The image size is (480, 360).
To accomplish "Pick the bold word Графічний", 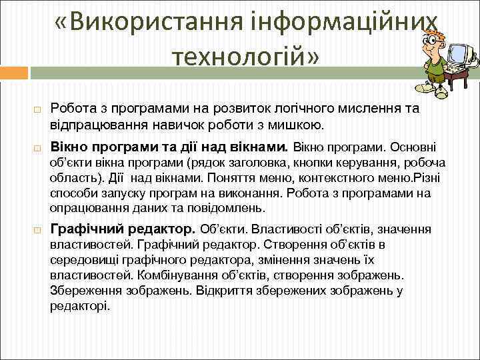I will point(85,229).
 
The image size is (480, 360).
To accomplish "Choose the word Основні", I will point(413,146).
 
